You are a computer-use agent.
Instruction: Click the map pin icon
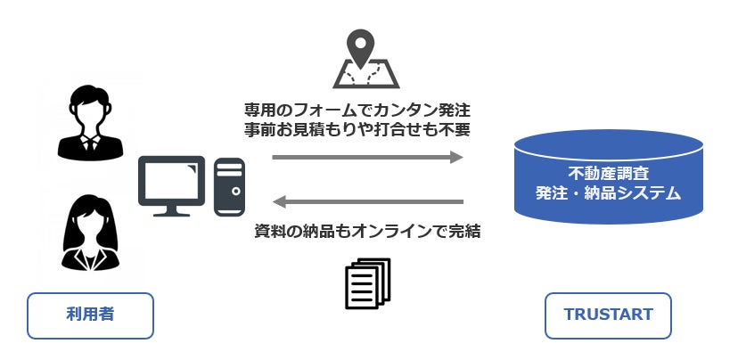pos(366,59)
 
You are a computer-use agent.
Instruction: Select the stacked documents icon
pos(367,282)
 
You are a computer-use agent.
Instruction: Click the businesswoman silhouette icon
pos(90,232)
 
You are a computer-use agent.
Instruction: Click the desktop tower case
pos(230,186)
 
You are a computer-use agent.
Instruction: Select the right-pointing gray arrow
pos(367,158)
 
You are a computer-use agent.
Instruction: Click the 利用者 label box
pos(90,315)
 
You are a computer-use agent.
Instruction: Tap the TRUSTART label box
pos(608,315)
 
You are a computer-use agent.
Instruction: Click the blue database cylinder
pos(608,175)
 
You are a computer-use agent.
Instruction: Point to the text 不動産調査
pos(608,173)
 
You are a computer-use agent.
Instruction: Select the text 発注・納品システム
pos(608,192)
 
